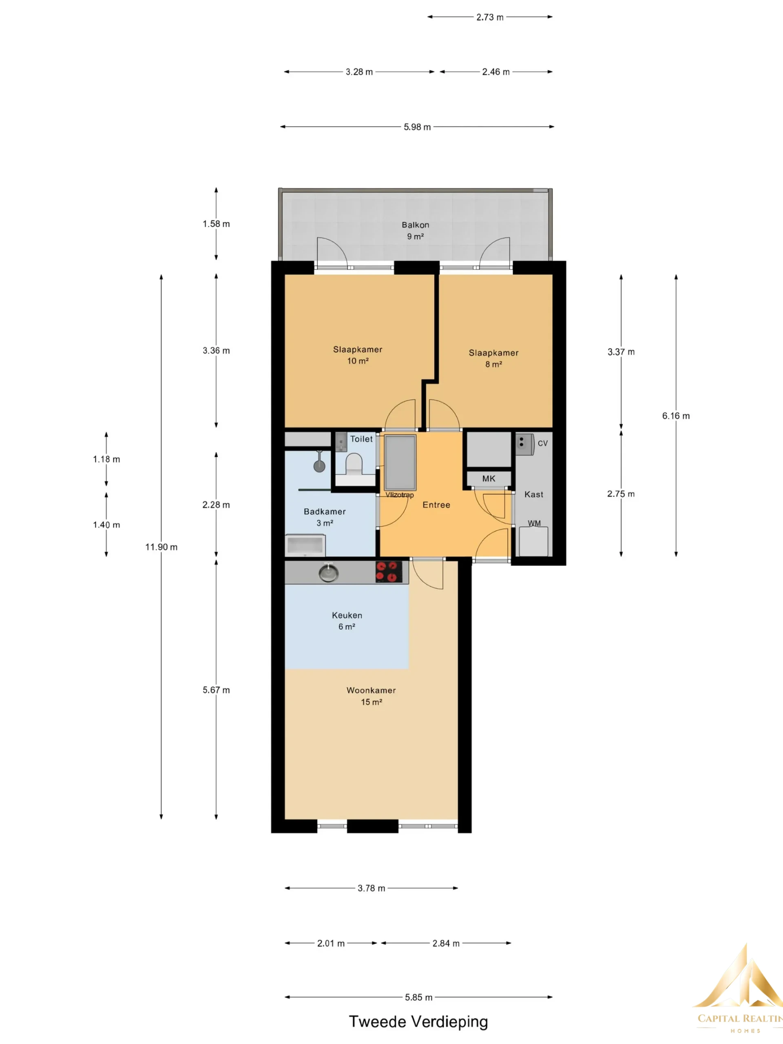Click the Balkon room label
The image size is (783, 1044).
pos(415,225)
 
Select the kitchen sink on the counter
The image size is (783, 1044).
pos(328,572)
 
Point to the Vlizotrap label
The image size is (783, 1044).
pos(400,495)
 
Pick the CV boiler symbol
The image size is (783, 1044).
pos(524,444)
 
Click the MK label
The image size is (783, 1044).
pos(489,479)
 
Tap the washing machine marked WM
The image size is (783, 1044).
pos(534,541)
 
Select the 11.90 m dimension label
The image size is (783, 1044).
pos(161,547)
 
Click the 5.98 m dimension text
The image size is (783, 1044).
pos(417,127)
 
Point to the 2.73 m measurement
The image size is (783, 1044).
pos(490,18)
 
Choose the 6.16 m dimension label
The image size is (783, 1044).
pos(676,416)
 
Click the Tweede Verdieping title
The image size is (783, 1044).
pos(418,1021)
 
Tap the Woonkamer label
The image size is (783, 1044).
pos(372,690)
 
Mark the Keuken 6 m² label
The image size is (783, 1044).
pos(347,621)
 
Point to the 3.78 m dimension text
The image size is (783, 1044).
pos(372,888)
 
